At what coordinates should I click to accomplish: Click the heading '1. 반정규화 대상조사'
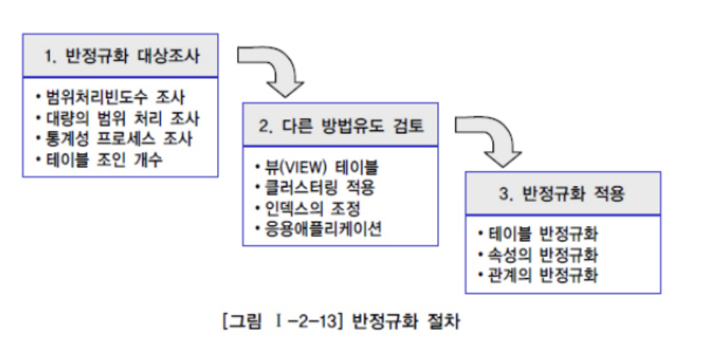click(x=121, y=56)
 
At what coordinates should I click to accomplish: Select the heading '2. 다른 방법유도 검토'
click(x=341, y=126)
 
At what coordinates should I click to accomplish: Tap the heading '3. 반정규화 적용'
click(x=563, y=195)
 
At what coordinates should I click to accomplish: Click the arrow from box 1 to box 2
click(x=278, y=72)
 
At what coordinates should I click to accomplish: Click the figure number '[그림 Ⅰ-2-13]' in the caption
click(x=282, y=320)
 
